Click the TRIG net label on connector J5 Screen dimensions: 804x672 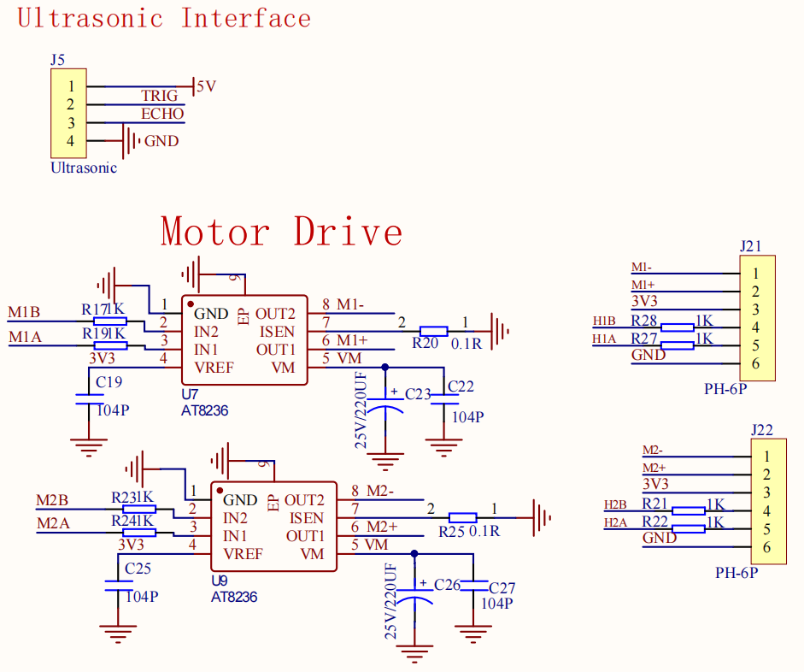(160, 96)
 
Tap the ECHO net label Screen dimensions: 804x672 (162, 114)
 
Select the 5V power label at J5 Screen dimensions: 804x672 (206, 86)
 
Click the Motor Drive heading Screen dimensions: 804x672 (281, 232)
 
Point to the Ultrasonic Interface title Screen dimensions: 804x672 (164, 19)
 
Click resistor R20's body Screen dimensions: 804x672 (433, 332)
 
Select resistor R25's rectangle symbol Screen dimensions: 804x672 (462, 517)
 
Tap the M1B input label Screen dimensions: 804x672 (24, 312)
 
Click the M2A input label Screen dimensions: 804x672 (53, 524)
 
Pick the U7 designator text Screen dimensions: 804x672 (190, 394)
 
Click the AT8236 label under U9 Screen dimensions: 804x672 (234, 597)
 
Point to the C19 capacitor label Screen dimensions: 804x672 (109, 382)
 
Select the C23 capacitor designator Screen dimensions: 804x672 (418, 394)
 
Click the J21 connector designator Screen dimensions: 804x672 (751, 246)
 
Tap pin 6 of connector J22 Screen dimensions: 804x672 (766, 547)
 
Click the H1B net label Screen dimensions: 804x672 (604, 321)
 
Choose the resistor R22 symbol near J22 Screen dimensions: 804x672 (688, 529)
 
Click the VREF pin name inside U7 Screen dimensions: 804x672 (214, 368)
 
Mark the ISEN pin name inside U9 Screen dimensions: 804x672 (307, 518)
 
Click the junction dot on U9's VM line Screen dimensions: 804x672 (414, 553)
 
